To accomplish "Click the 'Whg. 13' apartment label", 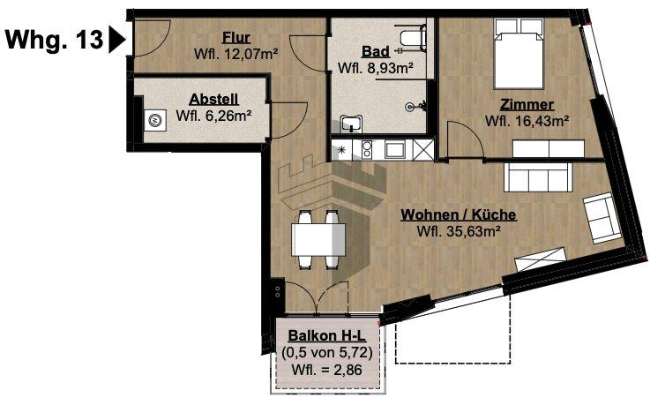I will point(53,40).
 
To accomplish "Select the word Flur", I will point(235,38).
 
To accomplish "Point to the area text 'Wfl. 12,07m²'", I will point(235,55).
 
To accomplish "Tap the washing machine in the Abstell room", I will point(156,120).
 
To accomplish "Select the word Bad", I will point(377,50).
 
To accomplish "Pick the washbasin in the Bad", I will point(353,124).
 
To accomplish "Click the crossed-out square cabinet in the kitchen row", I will point(423,151).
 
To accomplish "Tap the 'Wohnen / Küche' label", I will point(458,214).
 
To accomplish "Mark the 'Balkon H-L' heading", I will point(329,336).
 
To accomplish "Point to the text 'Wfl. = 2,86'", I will point(329,369).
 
